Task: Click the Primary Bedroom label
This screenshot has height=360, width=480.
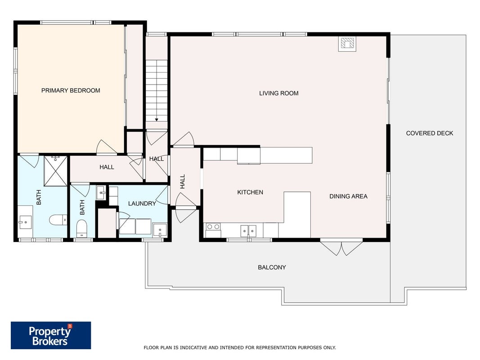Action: [x=71, y=90]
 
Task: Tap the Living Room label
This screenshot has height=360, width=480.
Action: [x=279, y=93]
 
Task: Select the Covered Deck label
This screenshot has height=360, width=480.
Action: [x=430, y=133]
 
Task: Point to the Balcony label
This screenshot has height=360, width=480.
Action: [x=272, y=267]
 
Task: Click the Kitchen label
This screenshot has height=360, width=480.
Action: [x=250, y=192]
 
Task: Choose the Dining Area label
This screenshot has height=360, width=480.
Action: [x=348, y=196]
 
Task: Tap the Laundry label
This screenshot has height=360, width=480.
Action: [x=142, y=203]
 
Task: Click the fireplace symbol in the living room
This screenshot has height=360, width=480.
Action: [x=347, y=44]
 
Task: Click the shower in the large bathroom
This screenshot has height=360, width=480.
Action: [x=55, y=171]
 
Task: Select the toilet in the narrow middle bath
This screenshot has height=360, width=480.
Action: [x=82, y=228]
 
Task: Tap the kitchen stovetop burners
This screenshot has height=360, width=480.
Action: [x=213, y=227]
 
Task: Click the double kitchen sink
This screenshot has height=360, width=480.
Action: [x=248, y=230]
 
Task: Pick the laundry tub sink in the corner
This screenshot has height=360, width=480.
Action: [x=160, y=230]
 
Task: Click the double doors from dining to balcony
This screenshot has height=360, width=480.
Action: [x=341, y=247]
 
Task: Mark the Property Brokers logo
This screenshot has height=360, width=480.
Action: [x=51, y=335]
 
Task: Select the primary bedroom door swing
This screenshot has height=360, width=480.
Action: [x=107, y=147]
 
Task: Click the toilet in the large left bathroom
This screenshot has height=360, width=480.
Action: [x=58, y=220]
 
